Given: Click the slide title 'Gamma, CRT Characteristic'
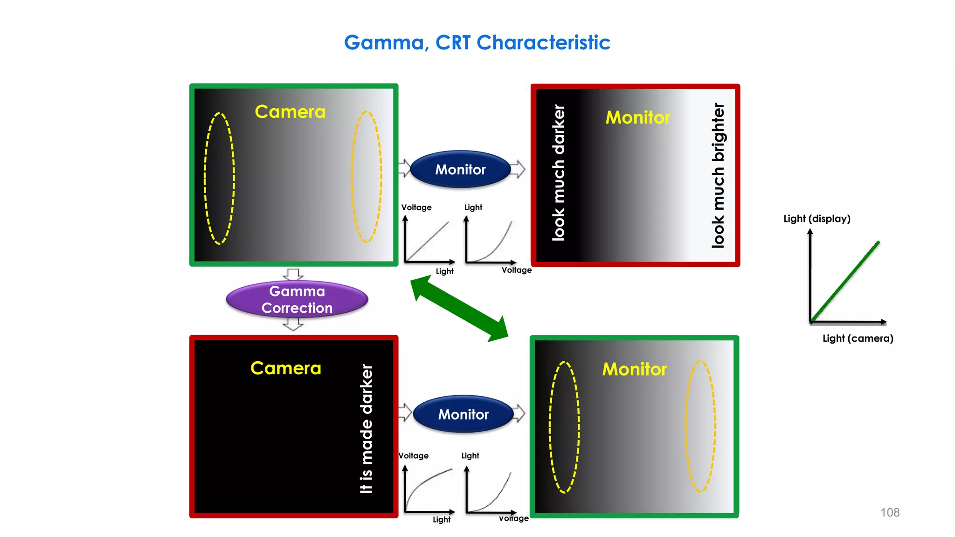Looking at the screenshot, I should coord(477,42).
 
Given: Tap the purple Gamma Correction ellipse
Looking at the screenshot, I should coord(297,299).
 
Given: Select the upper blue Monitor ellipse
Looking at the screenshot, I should coord(460,169).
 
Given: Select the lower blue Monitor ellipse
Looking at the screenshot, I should coord(463,414).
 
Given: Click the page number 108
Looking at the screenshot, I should coord(890,512).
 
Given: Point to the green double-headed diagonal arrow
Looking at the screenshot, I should coord(459,308).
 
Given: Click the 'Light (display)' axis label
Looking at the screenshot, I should coord(817,219).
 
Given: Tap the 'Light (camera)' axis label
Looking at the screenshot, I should coord(858,338).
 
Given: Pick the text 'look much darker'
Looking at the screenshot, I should coord(558,172).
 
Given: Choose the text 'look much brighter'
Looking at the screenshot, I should coord(718,175).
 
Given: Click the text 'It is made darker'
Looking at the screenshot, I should coord(367,428).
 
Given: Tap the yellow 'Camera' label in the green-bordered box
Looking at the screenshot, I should coord(290,112).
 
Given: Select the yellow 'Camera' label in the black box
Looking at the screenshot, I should coord(285,368).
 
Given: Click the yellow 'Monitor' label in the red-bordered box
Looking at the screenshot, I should coord(637,117).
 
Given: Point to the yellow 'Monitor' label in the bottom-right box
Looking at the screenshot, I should coord(634,369).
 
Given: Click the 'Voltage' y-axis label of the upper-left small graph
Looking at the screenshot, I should coord(416,207).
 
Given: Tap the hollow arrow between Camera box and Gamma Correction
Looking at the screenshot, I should coord(293,274).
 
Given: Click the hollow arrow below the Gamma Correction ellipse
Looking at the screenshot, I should coord(293,324).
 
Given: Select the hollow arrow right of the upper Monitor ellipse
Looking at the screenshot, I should coord(518,169).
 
